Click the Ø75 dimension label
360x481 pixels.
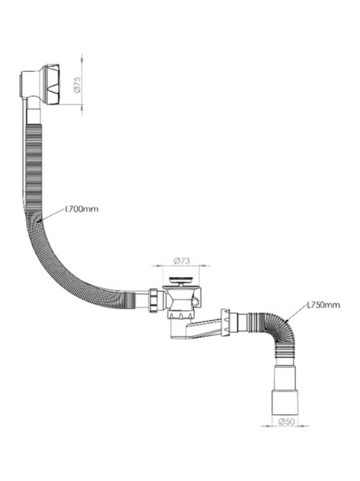pos(77,85)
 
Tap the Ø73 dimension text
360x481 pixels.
pos(182,261)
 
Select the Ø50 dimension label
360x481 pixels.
pos(287,421)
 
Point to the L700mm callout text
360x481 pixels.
pos(82,209)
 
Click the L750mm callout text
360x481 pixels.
pos(324,305)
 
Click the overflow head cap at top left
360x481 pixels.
pos(52,85)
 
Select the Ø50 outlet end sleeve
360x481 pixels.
pos(285,401)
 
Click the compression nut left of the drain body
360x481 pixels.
pos(155,300)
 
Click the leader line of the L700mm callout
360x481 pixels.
pos(51,215)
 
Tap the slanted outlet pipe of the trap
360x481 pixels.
pos(204,328)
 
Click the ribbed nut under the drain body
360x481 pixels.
pos(181,314)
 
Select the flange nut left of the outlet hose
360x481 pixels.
pos(226,322)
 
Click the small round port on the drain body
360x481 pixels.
pos(195,302)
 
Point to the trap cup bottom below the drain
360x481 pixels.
pos(177,329)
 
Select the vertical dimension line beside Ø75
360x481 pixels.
pos(82,85)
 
